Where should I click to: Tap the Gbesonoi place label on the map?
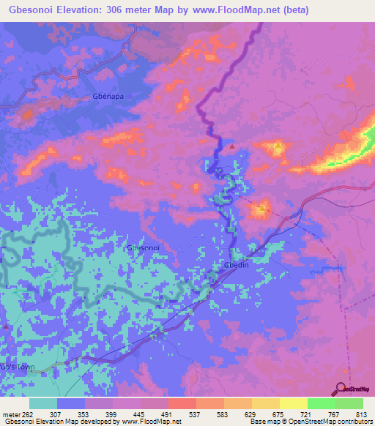144,248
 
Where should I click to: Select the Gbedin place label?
237,266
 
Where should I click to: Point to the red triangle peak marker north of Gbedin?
232,146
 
